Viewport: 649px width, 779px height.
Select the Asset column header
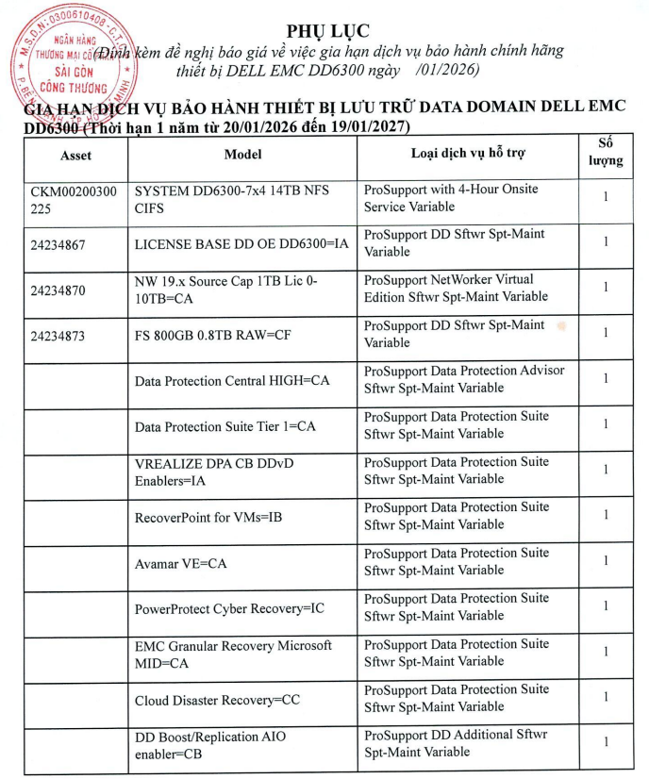tap(75, 154)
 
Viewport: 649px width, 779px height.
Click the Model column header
tap(242, 154)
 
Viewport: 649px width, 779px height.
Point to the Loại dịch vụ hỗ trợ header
tap(468, 153)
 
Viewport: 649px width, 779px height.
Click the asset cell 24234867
tap(58, 244)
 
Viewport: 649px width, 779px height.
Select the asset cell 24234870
tap(58, 290)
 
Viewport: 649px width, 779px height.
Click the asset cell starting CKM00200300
tap(74, 199)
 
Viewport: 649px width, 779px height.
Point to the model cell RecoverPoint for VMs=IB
tap(209, 518)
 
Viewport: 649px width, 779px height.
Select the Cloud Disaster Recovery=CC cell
tap(217, 701)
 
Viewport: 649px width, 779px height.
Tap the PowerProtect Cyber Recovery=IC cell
tap(229, 609)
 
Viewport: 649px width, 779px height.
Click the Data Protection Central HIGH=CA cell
tap(232, 381)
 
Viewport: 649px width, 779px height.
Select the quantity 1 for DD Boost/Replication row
tap(606, 741)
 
